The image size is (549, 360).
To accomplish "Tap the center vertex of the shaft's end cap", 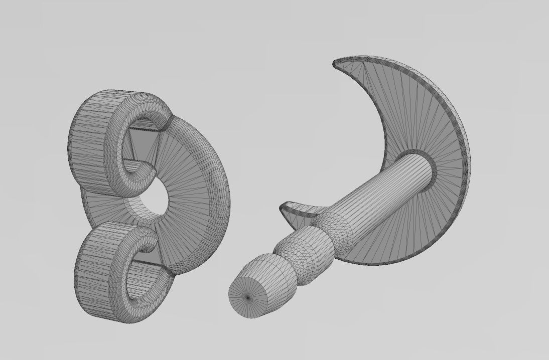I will pyautogui.click(x=248, y=298).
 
